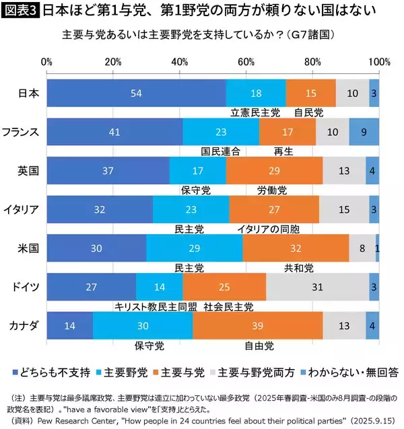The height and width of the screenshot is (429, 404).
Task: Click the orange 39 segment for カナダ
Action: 257,326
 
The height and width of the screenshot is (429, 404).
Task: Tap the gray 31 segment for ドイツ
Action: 317,287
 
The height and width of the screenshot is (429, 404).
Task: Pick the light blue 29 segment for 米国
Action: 194,248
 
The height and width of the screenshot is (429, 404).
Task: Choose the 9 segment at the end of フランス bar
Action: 364,132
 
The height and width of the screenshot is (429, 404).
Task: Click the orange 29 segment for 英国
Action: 274,171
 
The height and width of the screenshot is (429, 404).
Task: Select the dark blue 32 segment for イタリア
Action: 100,210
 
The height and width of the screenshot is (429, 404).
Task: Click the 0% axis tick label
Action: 47,62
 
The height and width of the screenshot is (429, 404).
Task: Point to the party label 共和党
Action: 299,268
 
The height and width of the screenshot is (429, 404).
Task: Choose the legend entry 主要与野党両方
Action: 257,371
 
